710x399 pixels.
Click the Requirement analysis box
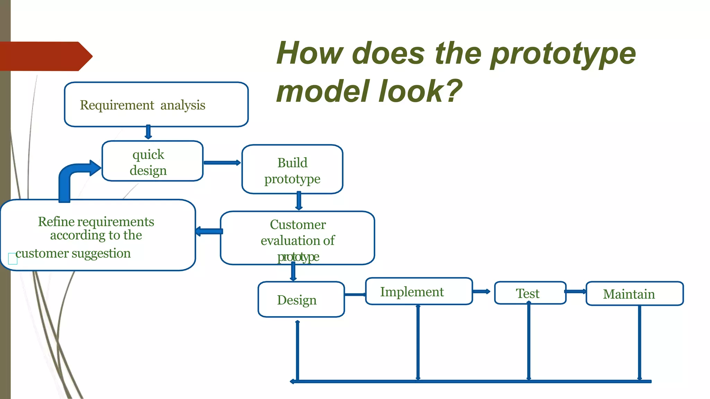(x=156, y=105)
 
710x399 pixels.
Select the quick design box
(x=152, y=161)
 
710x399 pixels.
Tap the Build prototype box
(x=292, y=169)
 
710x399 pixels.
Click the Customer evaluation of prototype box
(x=297, y=238)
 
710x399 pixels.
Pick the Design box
(x=301, y=300)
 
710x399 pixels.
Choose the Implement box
(x=419, y=291)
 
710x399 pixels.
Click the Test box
(x=530, y=293)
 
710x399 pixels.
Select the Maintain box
(x=634, y=294)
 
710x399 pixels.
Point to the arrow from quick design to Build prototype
(x=222, y=163)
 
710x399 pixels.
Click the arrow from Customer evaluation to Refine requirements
(x=209, y=231)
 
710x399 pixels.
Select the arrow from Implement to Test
(x=482, y=292)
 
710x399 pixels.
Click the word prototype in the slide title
(x=563, y=54)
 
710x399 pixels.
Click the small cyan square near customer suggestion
(x=13, y=258)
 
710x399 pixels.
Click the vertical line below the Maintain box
(x=639, y=343)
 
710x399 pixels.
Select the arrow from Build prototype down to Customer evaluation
(x=299, y=201)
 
